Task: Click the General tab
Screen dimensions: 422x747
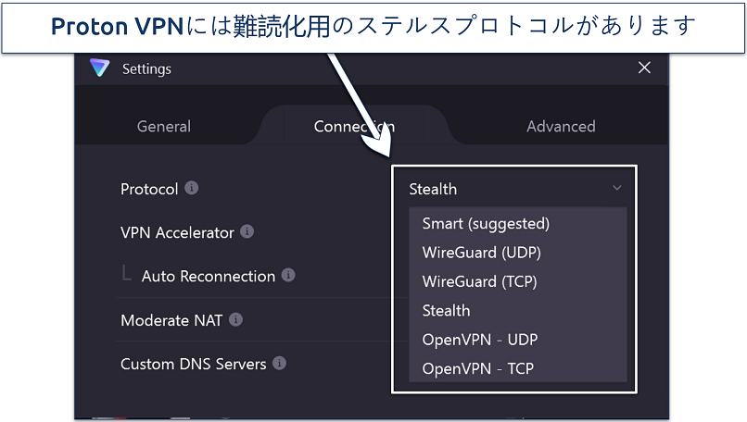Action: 164,127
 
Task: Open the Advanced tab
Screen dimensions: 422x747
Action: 561,127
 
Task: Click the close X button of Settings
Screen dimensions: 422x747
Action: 644,68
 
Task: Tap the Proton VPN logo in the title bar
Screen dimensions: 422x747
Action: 99,68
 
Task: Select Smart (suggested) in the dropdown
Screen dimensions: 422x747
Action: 486,223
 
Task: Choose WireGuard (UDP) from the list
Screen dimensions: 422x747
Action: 481,252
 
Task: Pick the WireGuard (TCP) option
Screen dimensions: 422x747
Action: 479,281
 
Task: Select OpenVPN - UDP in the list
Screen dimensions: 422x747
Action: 479,340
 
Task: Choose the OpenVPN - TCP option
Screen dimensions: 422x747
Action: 477,368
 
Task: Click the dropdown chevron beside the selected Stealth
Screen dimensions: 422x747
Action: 617,188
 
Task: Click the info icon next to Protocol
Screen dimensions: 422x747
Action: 192,188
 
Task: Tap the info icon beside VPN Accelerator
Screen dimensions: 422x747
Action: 247,232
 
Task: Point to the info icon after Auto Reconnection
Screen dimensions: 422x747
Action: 288,276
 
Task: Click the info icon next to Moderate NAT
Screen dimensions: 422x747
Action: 236,320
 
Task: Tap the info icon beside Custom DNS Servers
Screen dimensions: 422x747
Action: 279,364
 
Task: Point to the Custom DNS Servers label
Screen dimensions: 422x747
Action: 194,364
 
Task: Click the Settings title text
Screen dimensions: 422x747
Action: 146,68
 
